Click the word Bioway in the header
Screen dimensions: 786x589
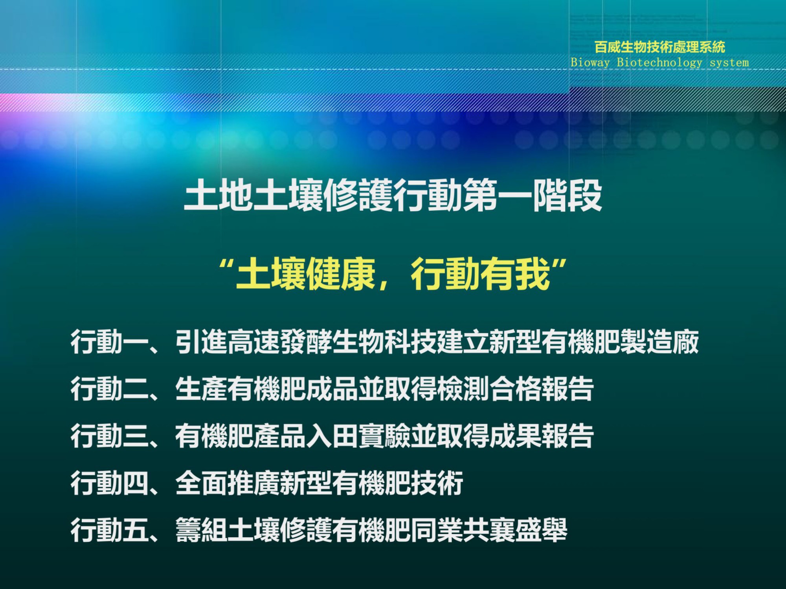pos(590,62)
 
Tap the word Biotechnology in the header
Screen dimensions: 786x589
pos(659,62)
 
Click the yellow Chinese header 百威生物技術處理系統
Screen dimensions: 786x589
pos(659,47)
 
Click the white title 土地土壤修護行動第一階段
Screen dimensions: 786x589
pos(393,195)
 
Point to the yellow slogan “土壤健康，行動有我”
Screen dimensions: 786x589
pos(393,274)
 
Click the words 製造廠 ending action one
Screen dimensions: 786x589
pos(659,342)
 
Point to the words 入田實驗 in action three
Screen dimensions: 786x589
pos(358,436)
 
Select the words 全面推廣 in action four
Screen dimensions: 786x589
pos(228,483)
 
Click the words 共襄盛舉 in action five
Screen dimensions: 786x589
pos(516,530)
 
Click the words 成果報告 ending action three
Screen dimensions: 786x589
pos(542,436)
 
